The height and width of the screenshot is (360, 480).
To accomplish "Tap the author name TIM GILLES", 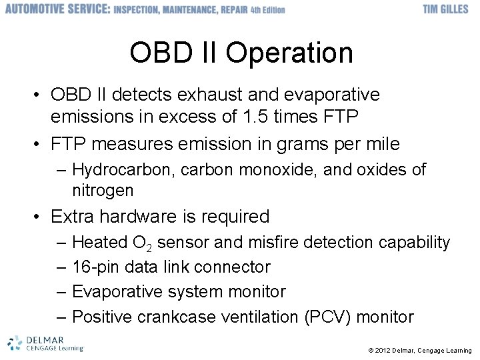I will pos(445,9).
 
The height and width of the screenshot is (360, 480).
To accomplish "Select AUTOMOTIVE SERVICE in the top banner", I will pos(57,9).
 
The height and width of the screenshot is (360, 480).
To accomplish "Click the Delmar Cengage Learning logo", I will pos(45,343).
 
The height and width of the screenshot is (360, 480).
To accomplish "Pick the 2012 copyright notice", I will pos(419,351).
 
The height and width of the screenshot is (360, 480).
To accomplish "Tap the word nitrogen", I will pos(103,191).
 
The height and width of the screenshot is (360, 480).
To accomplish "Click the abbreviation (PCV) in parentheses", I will pos(327,317).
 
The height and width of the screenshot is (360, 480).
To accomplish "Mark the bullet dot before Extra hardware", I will pos(38,217).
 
